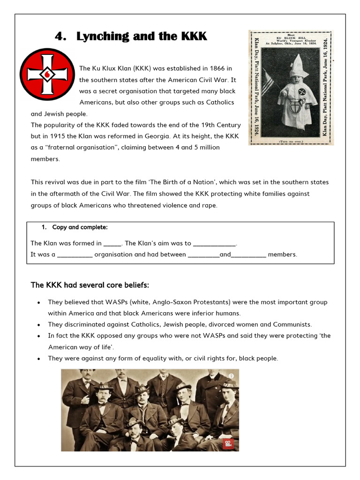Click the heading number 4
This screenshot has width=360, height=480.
pyautogui.click(x=59, y=37)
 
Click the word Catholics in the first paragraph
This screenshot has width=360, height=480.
pyautogui.click(x=217, y=103)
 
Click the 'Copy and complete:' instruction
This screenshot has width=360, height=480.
pyautogui.click(x=80, y=227)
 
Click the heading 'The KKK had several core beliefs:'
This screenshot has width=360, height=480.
pyautogui.click(x=90, y=285)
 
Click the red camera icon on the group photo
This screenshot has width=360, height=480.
pyautogui.click(x=228, y=443)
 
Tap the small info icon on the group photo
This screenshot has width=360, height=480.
pyautogui.click(x=231, y=376)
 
